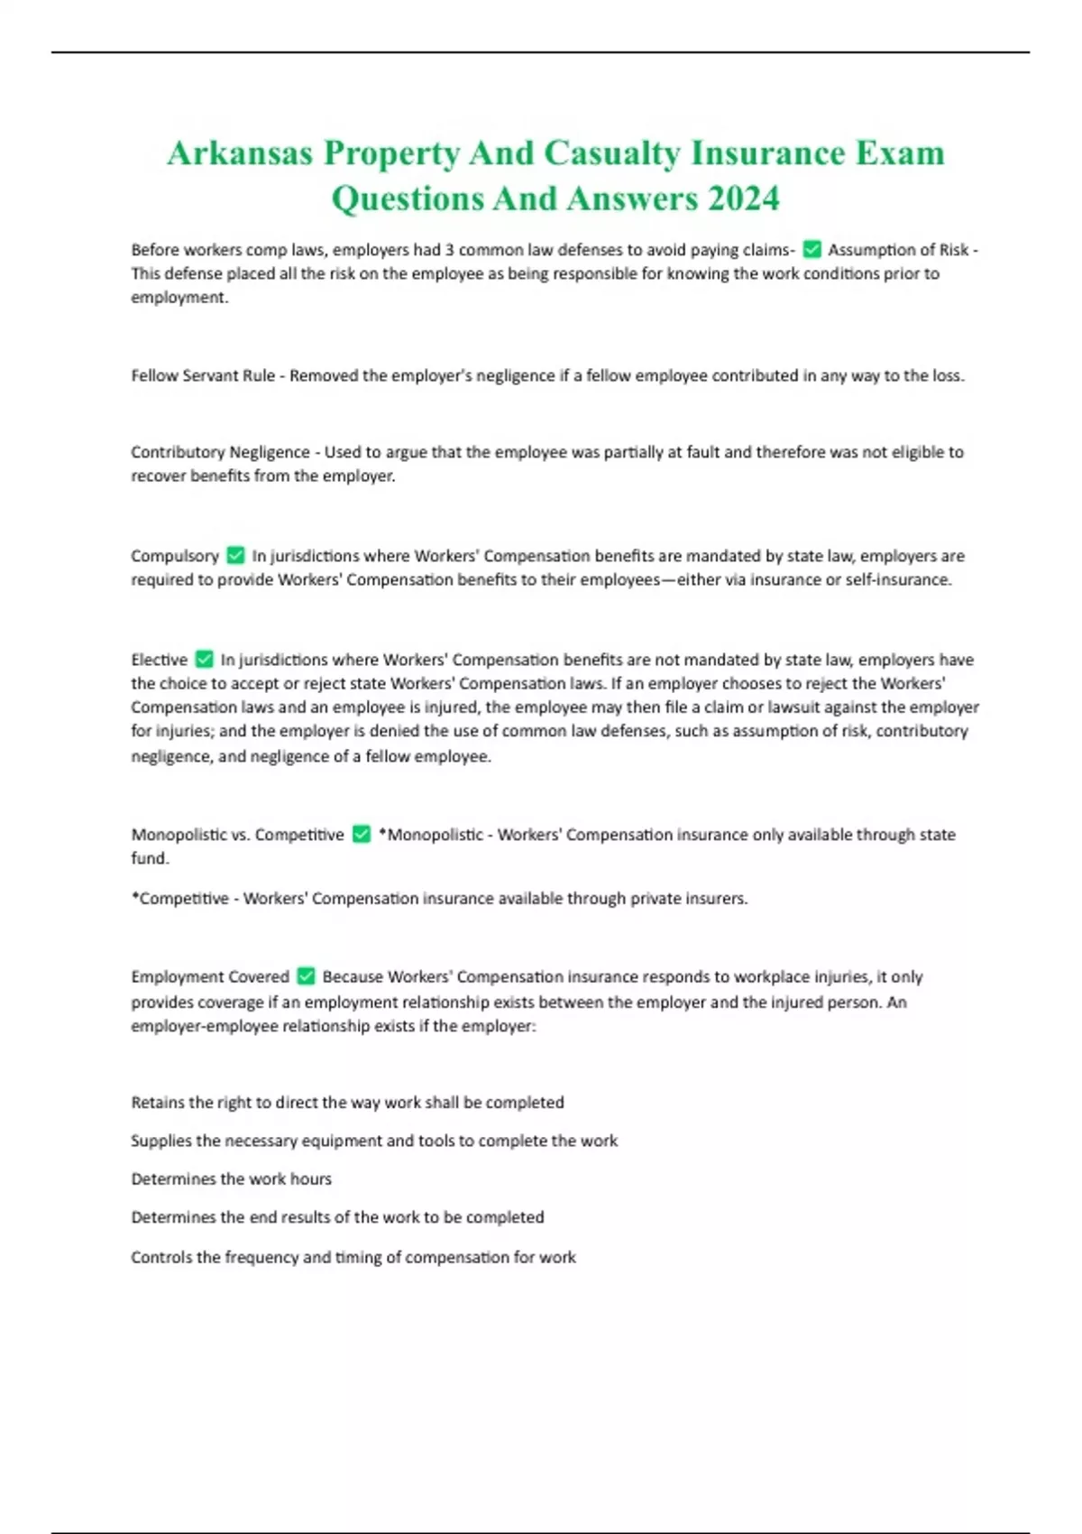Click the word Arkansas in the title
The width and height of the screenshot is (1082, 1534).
point(239,153)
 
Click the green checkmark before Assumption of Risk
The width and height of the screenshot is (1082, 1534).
point(811,249)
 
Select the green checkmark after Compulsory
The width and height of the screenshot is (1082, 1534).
point(235,555)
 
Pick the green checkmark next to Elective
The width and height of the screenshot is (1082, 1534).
point(205,660)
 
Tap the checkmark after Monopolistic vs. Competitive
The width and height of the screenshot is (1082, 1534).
point(361,835)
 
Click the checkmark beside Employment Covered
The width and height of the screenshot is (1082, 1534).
point(306,976)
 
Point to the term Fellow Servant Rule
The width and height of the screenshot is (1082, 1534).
point(203,375)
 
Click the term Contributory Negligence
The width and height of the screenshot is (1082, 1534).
point(220,452)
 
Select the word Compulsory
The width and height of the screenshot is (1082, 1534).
point(175,556)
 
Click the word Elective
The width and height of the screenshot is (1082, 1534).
point(160,660)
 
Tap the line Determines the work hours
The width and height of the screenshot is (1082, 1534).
point(231,1178)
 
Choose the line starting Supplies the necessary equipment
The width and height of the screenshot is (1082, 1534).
point(374,1141)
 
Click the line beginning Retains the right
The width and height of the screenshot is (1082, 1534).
point(347,1102)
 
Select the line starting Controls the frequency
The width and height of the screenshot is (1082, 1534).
point(353,1257)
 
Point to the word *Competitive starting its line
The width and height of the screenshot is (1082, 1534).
point(179,899)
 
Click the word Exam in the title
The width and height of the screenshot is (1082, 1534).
point(899,153)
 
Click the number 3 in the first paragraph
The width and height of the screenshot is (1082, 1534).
point(449,250)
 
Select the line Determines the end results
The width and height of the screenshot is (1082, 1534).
point(337,1217)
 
